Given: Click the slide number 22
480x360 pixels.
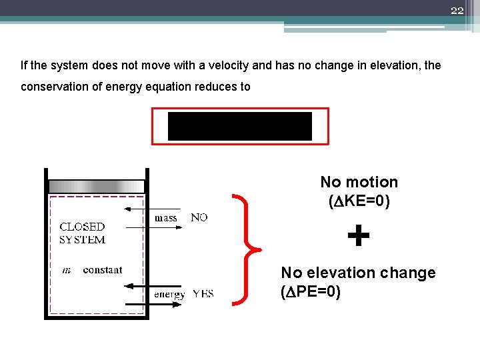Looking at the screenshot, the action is pyautogui.click(x=457, y=10).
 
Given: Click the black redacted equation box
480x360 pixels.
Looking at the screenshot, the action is pyautogui.click(x=239, y=126).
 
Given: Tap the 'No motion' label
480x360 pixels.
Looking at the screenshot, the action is pyautogui.click(x=359, y=182).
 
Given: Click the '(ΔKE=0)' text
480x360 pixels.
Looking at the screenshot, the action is pyautogui.click(x=359, y=200).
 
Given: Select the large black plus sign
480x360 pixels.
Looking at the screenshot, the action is pyautogui.click(x=359, y=236).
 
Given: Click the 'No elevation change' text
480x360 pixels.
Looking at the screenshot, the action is pyautogui.click(x=358, y=273).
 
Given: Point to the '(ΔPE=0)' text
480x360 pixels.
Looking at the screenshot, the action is pyautogui.click(x=311, y=291).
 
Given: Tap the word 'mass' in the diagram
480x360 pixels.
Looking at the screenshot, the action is pyautogui.click(x=166, y=218).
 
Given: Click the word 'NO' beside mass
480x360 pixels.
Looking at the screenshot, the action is pyautogui.click(x=199, y=217).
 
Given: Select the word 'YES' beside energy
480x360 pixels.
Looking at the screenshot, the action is pyautogui.click(x=203, y=294).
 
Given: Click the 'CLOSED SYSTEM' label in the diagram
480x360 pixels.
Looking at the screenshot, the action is pyautogui.click(x=82, y=233).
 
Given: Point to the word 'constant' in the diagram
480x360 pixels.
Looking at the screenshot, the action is pyautogui.click(x=103, y=270).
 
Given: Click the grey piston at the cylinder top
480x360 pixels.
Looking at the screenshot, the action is pyautogui.click(x=97, y=186).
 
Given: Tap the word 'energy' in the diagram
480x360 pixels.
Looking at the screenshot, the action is pyautogui.click(x=169, y=295).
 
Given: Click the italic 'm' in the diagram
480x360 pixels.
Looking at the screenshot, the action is pyautogui.click(x=66, y=270).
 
